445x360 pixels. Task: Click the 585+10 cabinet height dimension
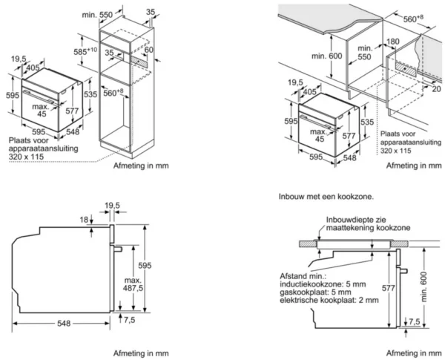click(83, 53)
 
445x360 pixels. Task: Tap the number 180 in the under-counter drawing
click(392, 43)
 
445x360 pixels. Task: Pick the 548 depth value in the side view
click(65, 324)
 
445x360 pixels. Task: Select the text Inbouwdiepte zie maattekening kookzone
click(357, 223)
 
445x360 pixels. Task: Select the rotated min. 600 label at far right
click(425, 287)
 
